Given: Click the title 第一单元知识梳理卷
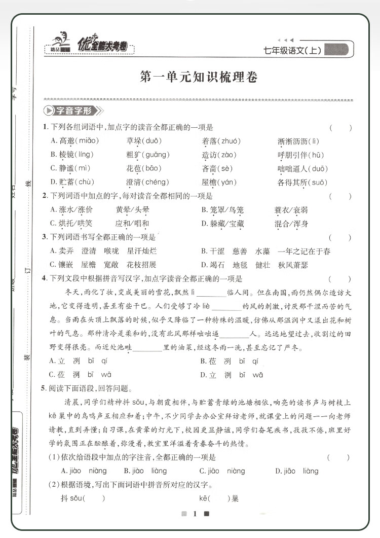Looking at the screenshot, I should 199,78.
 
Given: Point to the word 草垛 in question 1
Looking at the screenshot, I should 134,141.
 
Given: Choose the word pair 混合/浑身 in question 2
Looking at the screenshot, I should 291,223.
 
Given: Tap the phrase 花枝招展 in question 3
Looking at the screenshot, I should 141,264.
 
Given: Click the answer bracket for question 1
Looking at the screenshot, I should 340,127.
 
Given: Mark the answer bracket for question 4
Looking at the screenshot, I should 340,278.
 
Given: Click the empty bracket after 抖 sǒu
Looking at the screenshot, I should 94,498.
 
